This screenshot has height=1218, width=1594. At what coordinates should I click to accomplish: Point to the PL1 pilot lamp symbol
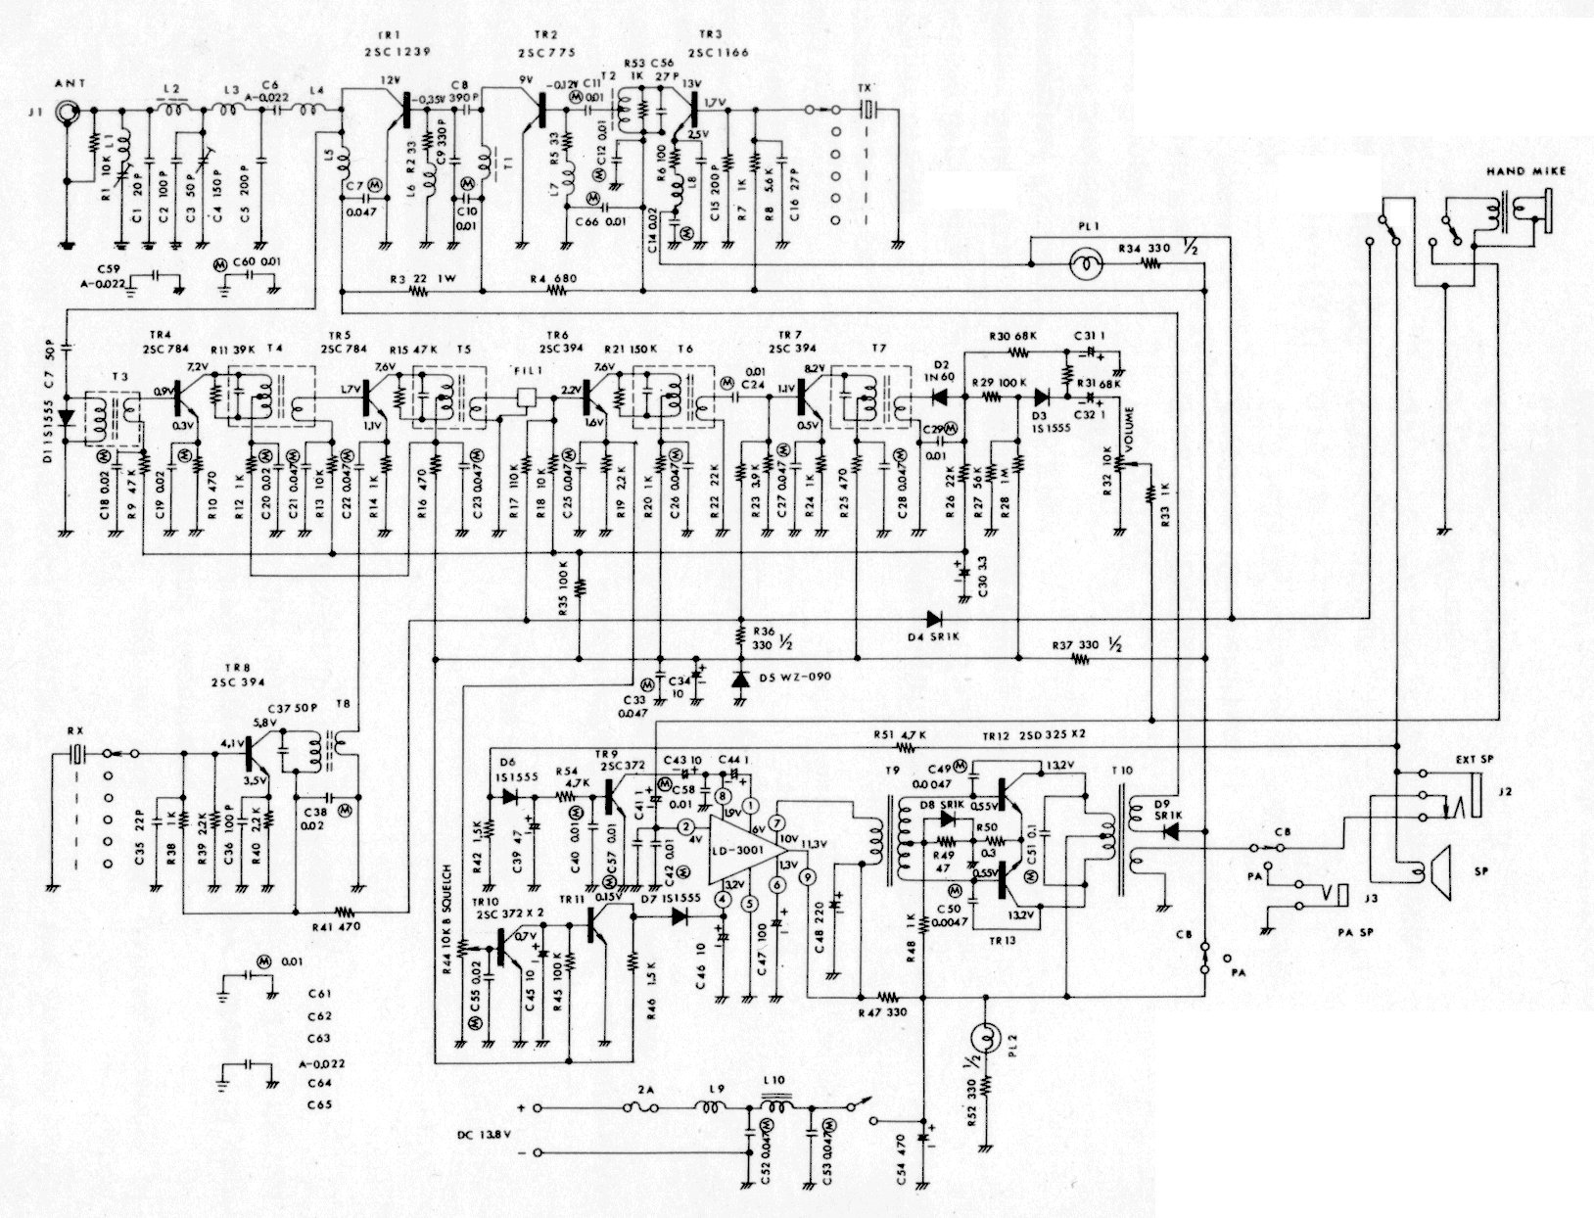click(1085, 265)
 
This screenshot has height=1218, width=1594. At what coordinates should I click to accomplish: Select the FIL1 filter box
click(527, 397)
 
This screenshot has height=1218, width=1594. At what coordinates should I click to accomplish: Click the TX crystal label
click(864, 86)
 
